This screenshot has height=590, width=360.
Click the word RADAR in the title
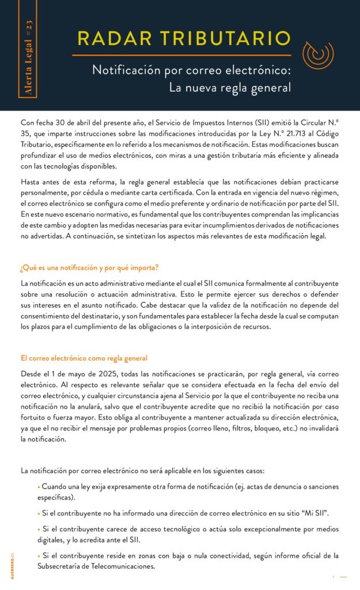tap(110, 39)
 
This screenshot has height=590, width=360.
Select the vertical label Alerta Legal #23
tap(30, 63)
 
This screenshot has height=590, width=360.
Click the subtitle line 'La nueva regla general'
tap(230, 88)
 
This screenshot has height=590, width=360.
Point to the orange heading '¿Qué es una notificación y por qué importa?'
tap(89, 267)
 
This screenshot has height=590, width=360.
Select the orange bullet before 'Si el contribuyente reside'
tap(39, 555)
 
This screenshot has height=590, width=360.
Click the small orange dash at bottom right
tap(343, 577)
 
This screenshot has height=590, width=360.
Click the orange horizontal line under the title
tap(181, 55)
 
